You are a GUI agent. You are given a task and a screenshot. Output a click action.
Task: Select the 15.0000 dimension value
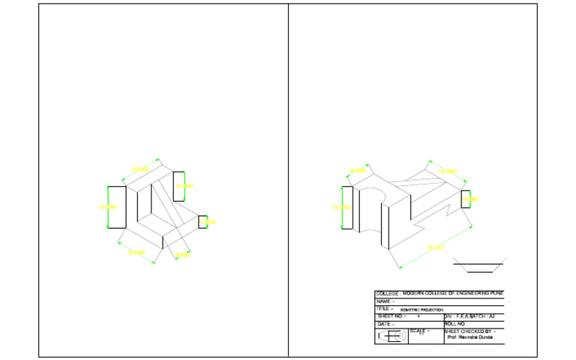coord(210,222)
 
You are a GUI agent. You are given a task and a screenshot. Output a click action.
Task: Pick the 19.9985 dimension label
coord(471,199)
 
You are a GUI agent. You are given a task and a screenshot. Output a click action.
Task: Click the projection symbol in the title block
coord(391,336)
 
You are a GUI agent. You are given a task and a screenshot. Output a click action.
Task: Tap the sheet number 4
coord(418,316)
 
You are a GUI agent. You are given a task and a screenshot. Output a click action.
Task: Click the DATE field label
coord(385,324)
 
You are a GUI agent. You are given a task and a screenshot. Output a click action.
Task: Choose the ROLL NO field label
coord(455,324)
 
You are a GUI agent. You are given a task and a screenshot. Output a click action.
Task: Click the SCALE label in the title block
coord(419,331)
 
